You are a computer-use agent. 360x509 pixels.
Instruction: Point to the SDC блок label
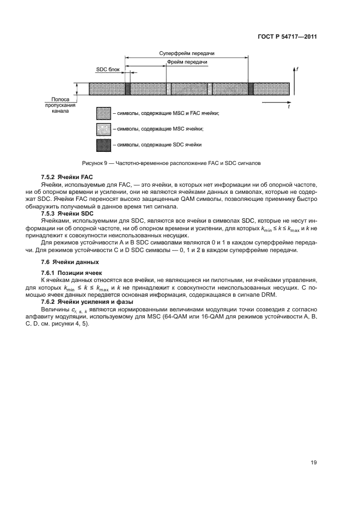[x=107, y=70]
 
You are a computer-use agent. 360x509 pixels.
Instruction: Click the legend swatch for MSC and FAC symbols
[x=103, y=114]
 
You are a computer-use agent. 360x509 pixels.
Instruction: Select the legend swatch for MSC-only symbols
[x=103, y=129]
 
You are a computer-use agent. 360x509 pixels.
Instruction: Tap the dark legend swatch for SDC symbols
[x=103, y=145]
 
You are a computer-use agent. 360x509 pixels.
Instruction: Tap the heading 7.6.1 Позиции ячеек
[x=68, y=272]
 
